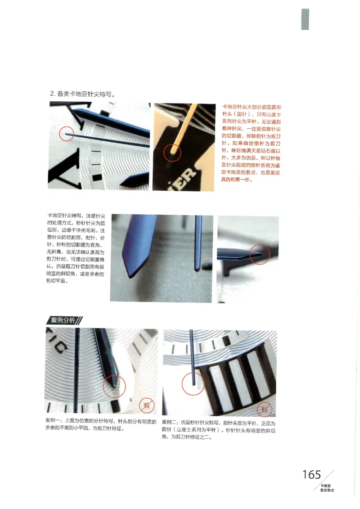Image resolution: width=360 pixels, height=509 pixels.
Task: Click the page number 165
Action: (x=311, y=474)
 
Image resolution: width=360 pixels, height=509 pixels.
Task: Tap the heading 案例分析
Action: (x=63, y=320)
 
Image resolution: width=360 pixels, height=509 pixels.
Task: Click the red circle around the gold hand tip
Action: (x=171, y=153)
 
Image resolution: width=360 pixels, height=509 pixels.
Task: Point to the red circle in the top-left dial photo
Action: (x=67, y=134)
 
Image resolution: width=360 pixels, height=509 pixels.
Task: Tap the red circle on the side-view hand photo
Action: (x=260, y=254)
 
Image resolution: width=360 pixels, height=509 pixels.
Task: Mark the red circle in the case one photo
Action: (x=114, y=386)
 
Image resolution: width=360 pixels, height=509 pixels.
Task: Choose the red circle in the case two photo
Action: (x=193, y=385)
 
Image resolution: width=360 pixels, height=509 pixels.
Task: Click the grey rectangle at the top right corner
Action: (x=305, y=19)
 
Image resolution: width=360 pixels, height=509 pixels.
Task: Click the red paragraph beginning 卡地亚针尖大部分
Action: (x=251, y=143)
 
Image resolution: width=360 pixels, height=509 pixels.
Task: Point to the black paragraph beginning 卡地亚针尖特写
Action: (x=76, y=248)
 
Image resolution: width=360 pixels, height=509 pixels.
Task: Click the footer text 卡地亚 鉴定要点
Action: (x=326, y=488)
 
